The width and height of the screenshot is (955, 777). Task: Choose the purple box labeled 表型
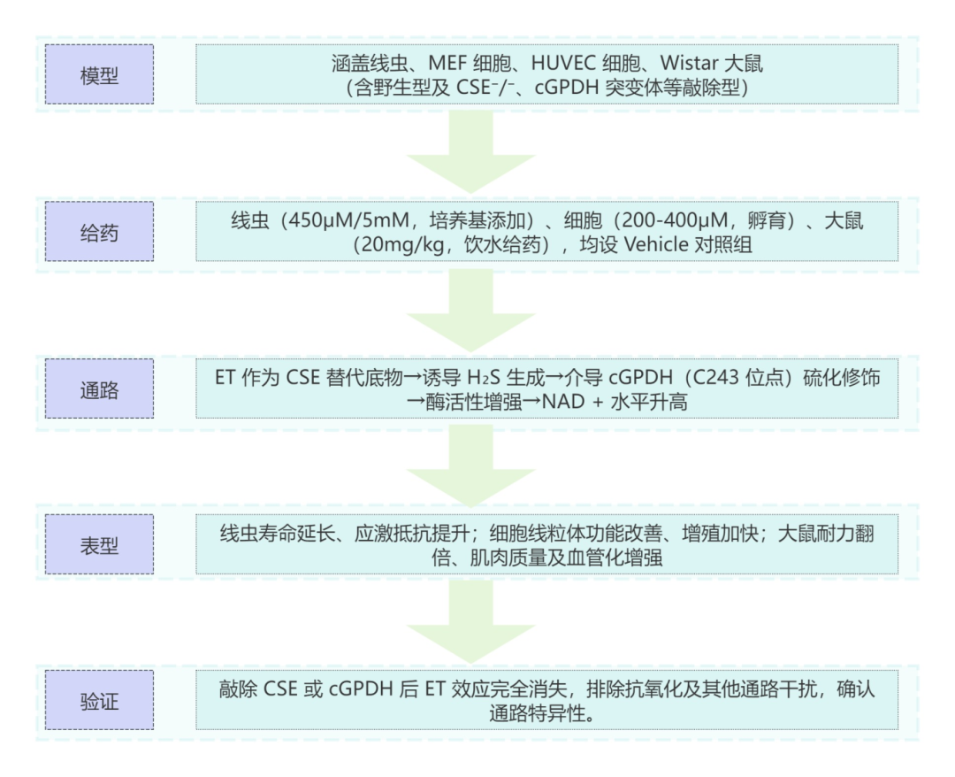(99, 543)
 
